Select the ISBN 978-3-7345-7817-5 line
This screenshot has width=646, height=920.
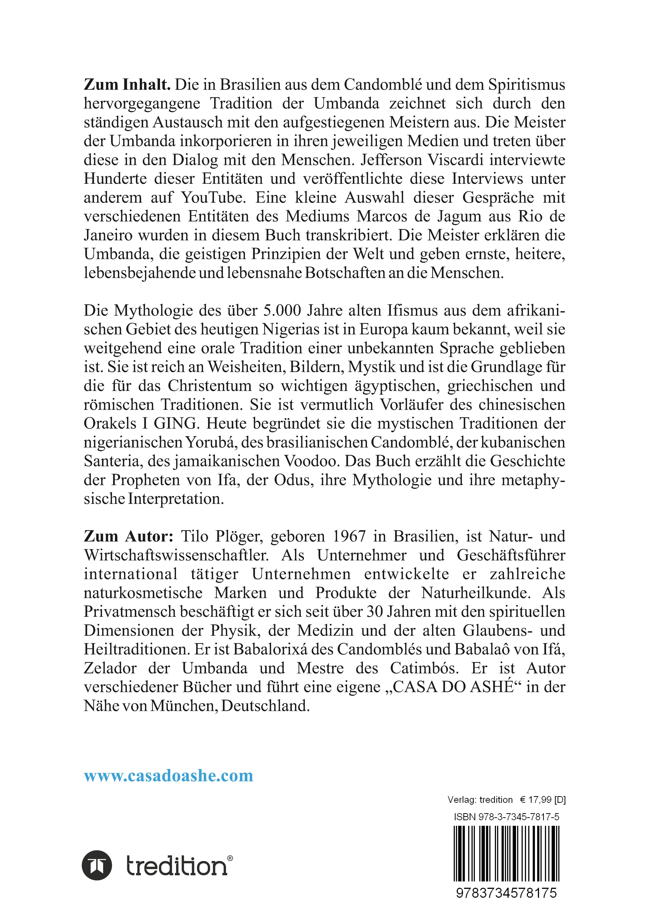click(x=507, y=817)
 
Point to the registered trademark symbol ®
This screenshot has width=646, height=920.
click(x=230, y=855)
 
